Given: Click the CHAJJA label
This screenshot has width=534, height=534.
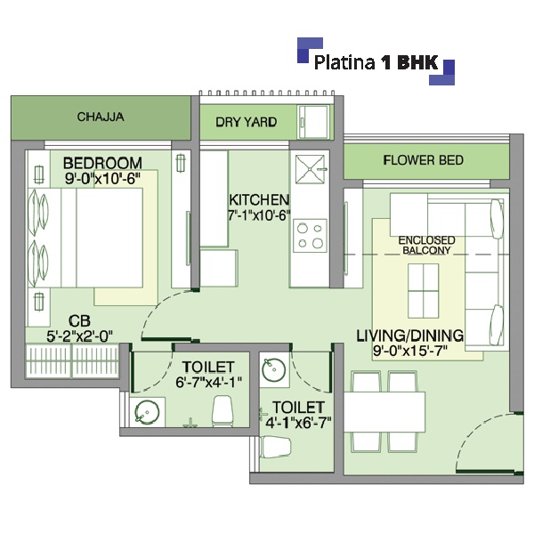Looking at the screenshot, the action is point(101,117).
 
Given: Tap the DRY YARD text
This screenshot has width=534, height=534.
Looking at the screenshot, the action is point(246,122).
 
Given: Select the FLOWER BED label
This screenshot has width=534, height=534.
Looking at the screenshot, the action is point(423,160).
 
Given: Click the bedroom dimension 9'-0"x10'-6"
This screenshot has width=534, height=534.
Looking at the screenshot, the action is point(102,178).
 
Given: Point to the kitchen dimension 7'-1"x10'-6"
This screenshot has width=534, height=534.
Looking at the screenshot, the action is point(259,215).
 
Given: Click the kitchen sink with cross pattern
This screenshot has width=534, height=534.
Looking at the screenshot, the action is point(310,169).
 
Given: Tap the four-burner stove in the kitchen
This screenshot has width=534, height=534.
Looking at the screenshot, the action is point(310,236).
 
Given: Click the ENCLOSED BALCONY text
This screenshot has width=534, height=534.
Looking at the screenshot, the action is point(426,246).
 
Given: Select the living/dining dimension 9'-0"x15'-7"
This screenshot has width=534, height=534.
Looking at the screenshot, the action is point(409,351).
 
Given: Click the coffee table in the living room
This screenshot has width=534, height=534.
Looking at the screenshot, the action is point(424,291).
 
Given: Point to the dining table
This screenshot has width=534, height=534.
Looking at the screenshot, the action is point(384,412).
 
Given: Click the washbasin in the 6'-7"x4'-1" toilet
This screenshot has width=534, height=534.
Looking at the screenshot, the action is point(147,412).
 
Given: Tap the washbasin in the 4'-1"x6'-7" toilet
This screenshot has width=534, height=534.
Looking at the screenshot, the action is point(274,369).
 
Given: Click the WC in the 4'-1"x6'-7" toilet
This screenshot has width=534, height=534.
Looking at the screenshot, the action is point(275,447).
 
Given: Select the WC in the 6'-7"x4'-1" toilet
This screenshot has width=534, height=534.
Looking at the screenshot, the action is point(222,411).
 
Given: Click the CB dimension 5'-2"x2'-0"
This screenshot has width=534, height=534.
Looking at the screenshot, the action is point(80,336).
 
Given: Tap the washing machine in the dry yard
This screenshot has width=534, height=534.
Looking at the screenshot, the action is point(313,122).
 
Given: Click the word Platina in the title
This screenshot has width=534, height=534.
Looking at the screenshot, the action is point(344,62).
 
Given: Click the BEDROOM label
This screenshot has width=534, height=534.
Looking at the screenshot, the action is point(102,163).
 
